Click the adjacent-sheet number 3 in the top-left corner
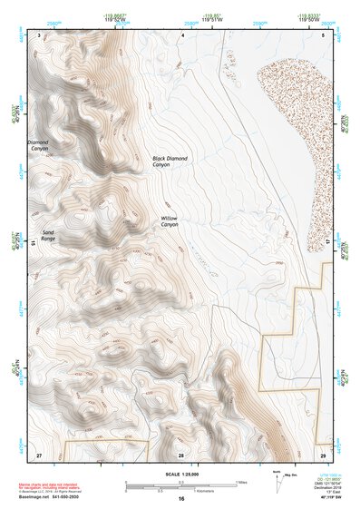(x=39, y=34)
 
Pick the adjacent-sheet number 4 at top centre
(x=181, y=34)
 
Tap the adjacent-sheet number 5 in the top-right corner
(x=324, y=34)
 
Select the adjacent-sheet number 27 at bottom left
(x=39, y=453)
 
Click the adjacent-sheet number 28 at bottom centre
(x=181, y=453)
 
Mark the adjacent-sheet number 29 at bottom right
(x=322, y=453)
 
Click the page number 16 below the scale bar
(x=181, y=498)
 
